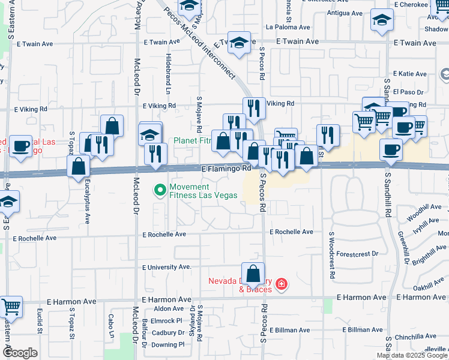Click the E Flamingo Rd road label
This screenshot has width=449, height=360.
pos(226,170)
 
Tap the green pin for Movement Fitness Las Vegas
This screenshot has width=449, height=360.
pos(160,190)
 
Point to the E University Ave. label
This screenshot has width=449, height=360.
pos(166,267)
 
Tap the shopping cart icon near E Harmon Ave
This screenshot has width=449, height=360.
pos(11,307)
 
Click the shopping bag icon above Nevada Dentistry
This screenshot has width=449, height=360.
pos(253,274)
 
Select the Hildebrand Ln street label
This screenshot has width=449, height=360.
pos(169,74)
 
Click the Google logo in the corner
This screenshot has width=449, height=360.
pos(19,353)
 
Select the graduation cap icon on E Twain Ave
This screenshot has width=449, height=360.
pos(239,43)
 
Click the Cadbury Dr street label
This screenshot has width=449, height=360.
pos(167,332)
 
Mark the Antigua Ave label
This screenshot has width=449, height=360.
pos(345,13)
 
